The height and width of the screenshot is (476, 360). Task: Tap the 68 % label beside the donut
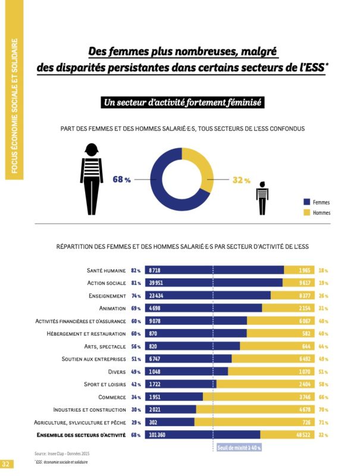tap(121, 180)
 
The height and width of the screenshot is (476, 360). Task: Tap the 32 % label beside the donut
tap(241, 180)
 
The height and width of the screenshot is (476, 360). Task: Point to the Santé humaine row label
tap(106, 270)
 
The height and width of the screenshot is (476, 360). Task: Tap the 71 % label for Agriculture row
tap(323, 422)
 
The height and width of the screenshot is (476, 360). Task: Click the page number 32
tap(6, 464)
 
